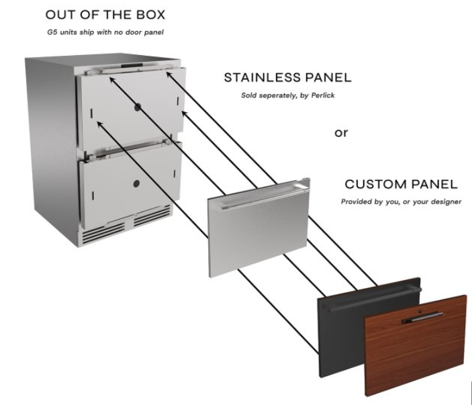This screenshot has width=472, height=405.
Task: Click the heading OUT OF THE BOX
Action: click(105, 15)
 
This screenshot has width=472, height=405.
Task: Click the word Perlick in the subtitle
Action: click(323, 95)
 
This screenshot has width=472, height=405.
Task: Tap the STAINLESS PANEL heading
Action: click(287, 78)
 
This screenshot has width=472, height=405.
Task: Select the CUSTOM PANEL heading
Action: click(401, 184)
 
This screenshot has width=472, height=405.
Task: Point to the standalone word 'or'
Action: click(341, 132)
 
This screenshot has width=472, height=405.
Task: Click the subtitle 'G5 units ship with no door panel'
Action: click(105, 32)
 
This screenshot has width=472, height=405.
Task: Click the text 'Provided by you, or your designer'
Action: click(401, 201)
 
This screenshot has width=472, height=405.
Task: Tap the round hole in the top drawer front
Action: click(138, 107)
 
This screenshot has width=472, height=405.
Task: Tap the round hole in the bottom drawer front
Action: click(136, 183)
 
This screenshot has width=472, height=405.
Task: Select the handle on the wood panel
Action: click(423, 318)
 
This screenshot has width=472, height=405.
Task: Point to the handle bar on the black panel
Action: click(373, 299)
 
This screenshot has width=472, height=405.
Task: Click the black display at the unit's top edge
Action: click(132, 65)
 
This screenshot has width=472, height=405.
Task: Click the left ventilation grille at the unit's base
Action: click(103, 232)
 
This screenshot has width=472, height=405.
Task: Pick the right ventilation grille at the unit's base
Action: click(152, 216)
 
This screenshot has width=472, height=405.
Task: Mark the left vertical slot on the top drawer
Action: click(91, 114)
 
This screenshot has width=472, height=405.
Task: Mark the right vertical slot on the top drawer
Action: click(178, 101)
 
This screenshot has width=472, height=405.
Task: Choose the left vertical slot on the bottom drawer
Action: click(93, 195)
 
